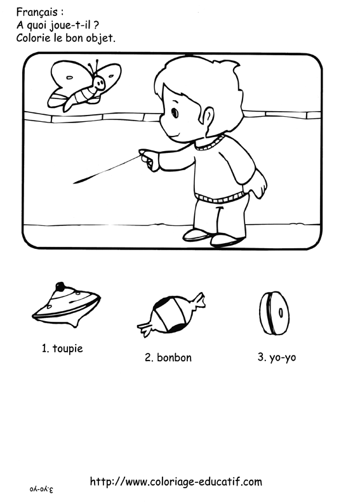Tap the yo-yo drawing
pos(274,314)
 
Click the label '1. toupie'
pos(62,348)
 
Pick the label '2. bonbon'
pos(168,357)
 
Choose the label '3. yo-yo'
pos(277,357)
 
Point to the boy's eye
pos(175,112)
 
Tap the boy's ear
pos(208,117)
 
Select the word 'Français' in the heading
pos(37,13)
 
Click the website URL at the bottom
pos(176,482)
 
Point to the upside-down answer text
pos(41,489)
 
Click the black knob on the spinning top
pos(60,286)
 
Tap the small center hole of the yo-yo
pos(281,312)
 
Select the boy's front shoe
pos(197,235)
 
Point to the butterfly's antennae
pos(93,67)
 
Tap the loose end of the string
pos(74,183)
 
